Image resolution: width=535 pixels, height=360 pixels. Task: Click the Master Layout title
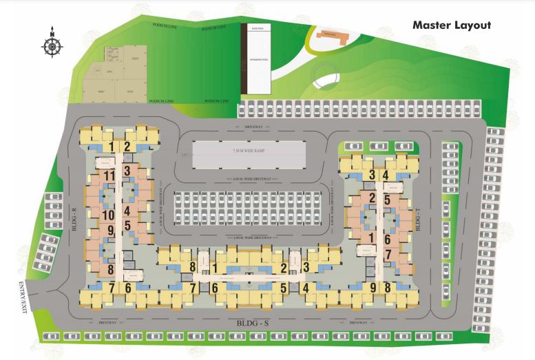(x=451, y=25)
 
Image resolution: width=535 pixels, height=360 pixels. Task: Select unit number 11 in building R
(x=109, y=176)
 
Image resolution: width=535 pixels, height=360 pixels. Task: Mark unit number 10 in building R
(x=109, y=215)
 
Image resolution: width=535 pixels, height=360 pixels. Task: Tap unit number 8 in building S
(x=193, y=267)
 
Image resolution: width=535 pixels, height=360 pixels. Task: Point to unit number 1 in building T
(x=372, y=238)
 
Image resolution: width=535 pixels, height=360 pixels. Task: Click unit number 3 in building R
(x=127, y=170)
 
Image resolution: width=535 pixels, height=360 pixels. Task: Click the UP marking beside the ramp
(x=182, y=156)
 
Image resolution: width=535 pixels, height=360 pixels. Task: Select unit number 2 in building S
(x=283, y=268)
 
